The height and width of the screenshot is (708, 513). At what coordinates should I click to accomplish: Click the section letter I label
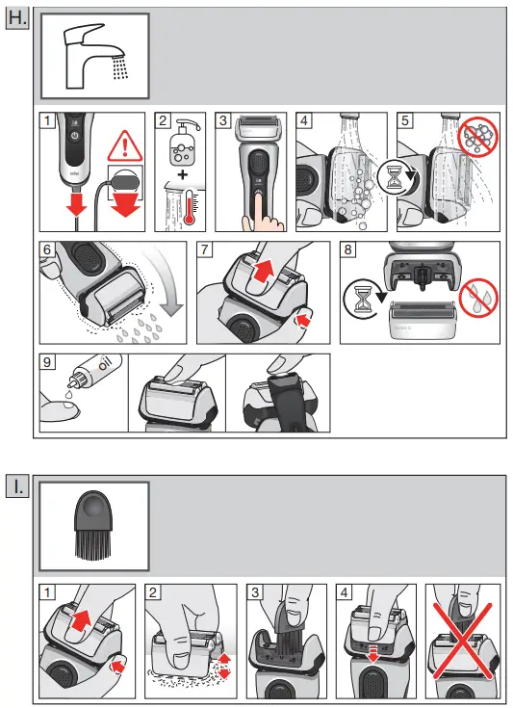coord(18,487)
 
